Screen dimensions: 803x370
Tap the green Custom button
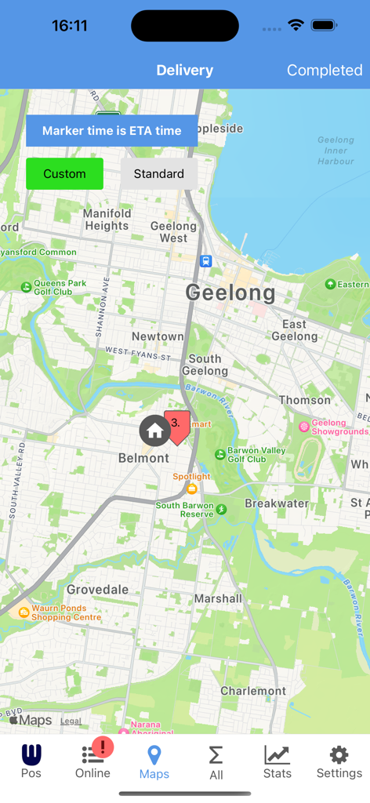[64, 174]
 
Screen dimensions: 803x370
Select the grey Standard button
[158, 174]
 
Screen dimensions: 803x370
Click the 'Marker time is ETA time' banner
[111, 131]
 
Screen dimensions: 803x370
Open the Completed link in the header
[324, 71]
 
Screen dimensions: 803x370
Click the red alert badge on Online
[103, 747]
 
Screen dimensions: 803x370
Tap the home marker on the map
[154, 431]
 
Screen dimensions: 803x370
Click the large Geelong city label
[230, 293]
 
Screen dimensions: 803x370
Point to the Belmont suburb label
[143, 458]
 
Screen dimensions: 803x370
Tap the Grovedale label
[97, 589]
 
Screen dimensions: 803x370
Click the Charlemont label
[252, 691]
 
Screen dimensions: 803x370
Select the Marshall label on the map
[218, 598]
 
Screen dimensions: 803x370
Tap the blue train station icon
[205, 261]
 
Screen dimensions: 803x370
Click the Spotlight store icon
[191, 489]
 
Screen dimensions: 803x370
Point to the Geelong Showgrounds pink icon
[304, 427]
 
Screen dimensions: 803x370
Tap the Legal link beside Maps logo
[71, 721]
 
